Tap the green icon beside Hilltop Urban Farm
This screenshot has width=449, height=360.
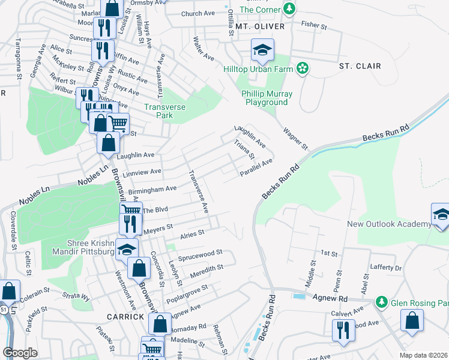coord(304,69)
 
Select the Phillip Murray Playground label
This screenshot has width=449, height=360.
coord(267,98)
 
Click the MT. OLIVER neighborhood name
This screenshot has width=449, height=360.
coord(259,27)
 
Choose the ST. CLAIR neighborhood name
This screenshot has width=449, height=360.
coord(360,65)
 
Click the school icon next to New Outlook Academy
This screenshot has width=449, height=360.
coord(440,215)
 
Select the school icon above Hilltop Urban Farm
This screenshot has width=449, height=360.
coord(262,50)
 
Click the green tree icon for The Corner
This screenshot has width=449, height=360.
coord(289,9)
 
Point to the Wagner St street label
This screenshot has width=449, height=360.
coord(295,137)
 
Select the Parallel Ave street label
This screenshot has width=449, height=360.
coord(256,167)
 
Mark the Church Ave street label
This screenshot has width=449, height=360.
coord(198,14)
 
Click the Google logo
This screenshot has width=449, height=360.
coord(20,353)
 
